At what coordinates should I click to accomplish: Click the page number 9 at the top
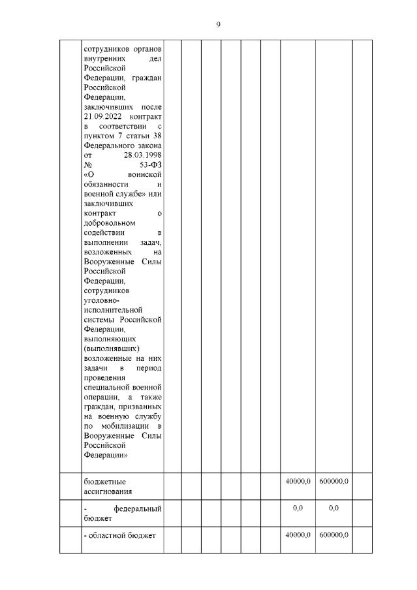point(219,25)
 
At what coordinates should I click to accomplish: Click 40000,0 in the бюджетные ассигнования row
point(298,481)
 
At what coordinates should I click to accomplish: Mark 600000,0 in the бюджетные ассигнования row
point(333,481)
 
